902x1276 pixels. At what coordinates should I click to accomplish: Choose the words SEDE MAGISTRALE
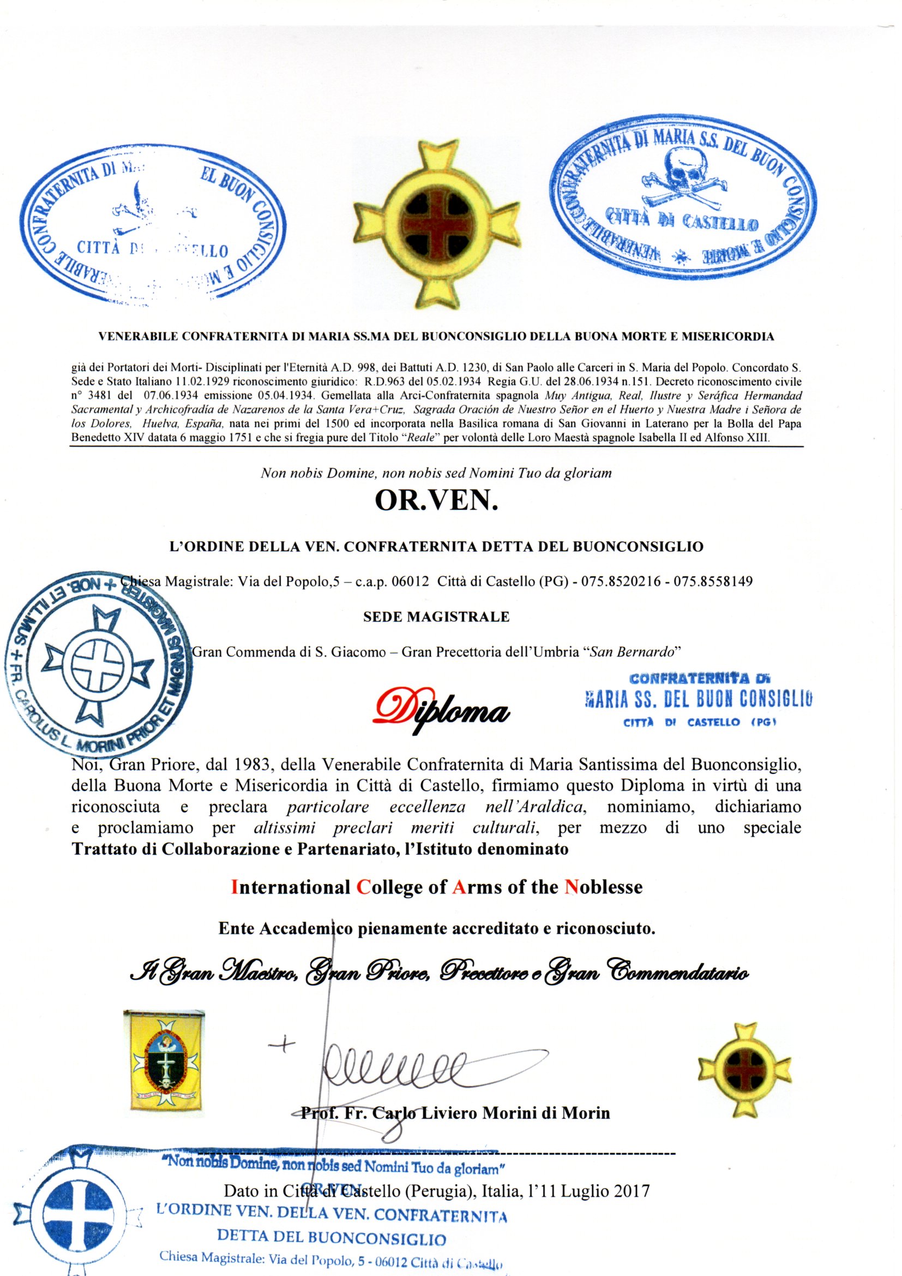[x=436, y=616]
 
